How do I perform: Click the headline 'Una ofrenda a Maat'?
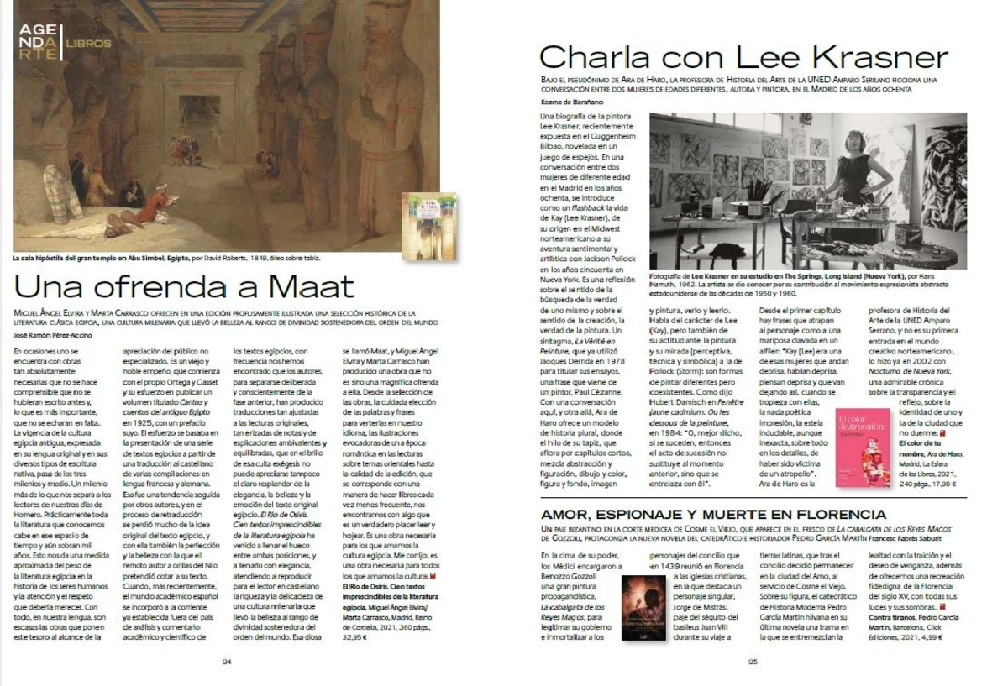tap(184, 286)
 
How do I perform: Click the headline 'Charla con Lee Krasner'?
tap(743, 57)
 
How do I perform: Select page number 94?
tap(227, 661)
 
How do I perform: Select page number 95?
tap(753, 661)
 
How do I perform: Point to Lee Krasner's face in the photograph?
tap(854, 142)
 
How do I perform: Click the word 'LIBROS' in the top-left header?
tap(87, 43)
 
